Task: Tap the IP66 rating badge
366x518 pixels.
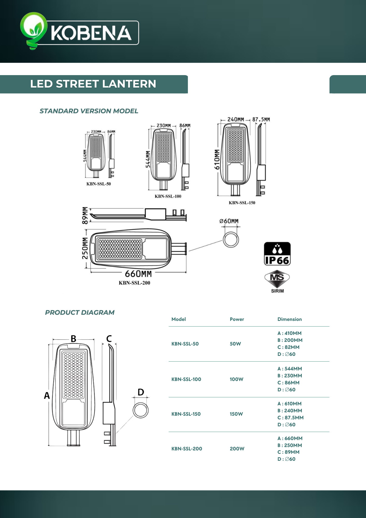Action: pyautogui.click(x=277, y=254)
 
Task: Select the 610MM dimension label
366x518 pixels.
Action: pyautogui.click(x=217, y=159)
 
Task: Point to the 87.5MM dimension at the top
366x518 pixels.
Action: pyautogui.click(x=261, y=119)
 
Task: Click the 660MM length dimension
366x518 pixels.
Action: pyautogui.click(x=138, y=274)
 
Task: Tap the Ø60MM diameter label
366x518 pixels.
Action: pyautogui.click(x=229, y=221)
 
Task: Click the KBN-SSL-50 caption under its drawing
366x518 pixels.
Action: pyautogui.click(x=99, y=184)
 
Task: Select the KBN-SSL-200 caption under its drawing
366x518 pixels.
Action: pyautogui.click(x=134, y=283)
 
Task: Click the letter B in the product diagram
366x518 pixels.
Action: pyautogui.click(x=74, y=339)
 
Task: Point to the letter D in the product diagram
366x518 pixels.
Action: pyautogui.click(x=141, y=392)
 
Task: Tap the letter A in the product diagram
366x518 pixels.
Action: pyautogui.click(x=47, y=395)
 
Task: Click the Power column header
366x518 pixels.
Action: pyautogui.click(x=237, y=319)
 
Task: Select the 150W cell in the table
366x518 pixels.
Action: pyautogui.click(x=236, y=414)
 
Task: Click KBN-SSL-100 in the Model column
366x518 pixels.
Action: pyautogui.click(x=186, y=379)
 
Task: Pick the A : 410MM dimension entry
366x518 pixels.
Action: pyautogui.click(x=289, y=333)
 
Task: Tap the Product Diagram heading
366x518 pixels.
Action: pyautogui.click(x=80, y=313)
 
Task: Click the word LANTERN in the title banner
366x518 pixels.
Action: pyautogui.click(x=129, y=84)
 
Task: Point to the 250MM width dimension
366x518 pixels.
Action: pyautogui.click(x=85, y=248)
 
